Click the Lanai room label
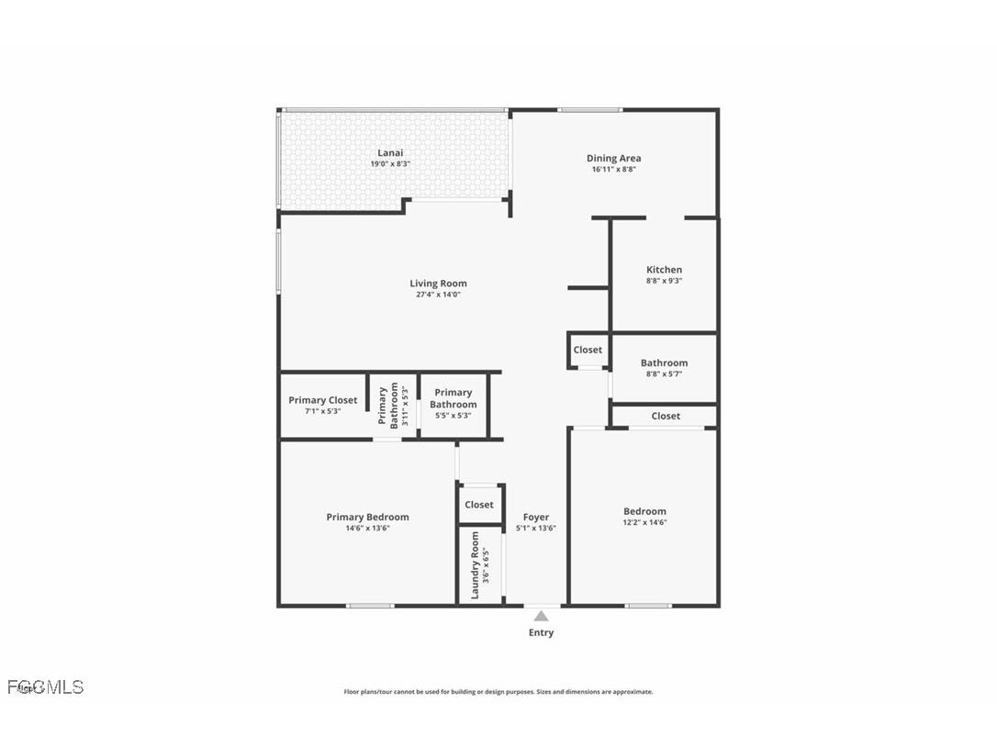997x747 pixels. click(390, 153)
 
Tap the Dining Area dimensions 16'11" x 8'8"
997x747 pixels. click(613, 170)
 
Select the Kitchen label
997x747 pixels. click(664, 270)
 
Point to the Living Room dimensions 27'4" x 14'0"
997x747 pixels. click(438, 295)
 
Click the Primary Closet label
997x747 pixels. click(322, 400)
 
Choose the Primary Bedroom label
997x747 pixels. click(367, 517)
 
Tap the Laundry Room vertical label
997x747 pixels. click(475, 564)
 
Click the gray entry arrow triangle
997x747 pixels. click(541, 616)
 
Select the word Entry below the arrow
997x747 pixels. click(541, 632)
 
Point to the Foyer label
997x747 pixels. click(536, 518)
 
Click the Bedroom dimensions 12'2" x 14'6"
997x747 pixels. click(644, 522)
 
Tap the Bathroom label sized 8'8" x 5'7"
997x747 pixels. click(664, 363)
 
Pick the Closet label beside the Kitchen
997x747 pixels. click(588, 350)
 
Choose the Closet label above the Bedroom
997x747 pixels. click(666, 416)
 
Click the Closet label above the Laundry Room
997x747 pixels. click(478, 505)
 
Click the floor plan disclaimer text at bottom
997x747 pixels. click(498, 692)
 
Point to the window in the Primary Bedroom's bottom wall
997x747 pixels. click(370, 605)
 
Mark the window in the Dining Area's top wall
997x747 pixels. click(589, 110)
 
